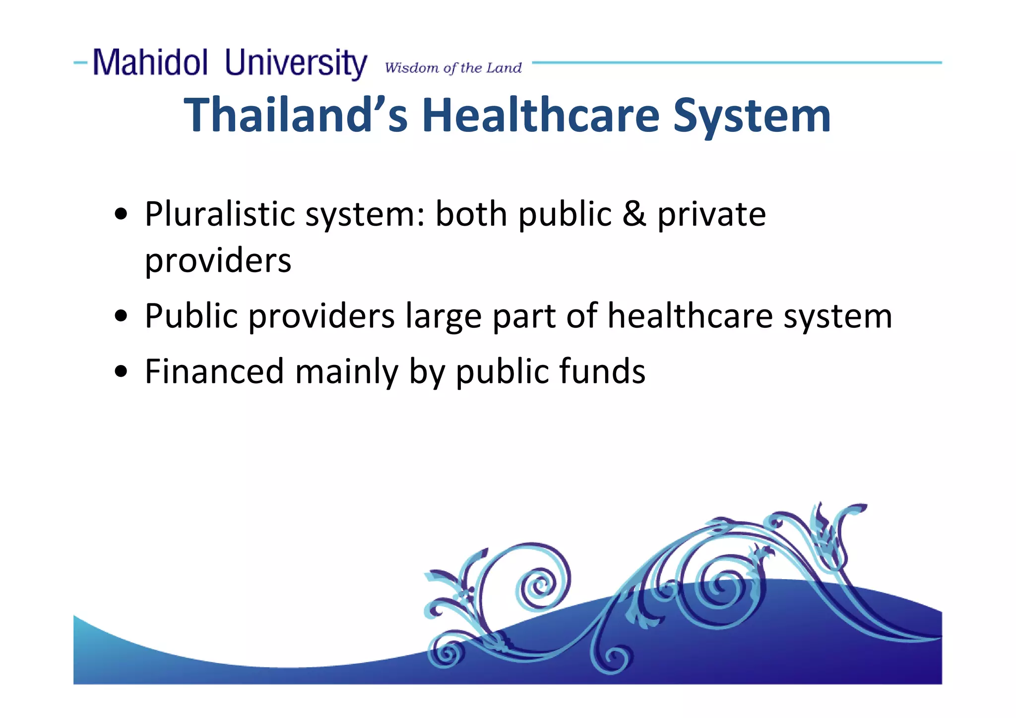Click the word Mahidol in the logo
[x=150, y=63]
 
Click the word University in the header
[x=296, y=63]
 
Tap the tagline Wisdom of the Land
[x=453, y=68]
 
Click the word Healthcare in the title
[x=541, y=115]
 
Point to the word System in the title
[x=752, y=116]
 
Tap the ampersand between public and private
[x=634, y=214]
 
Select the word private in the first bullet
[x=711, y=215]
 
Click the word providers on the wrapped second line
[x=218, y=261]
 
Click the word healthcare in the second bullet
[x=690, y=316]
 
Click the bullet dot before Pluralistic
[x=121, y=215]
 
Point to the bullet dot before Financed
[x=121, y=371]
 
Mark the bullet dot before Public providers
[x=121, y=316]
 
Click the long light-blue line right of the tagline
[x=737, y=62]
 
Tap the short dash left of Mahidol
[x=80, y=62]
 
